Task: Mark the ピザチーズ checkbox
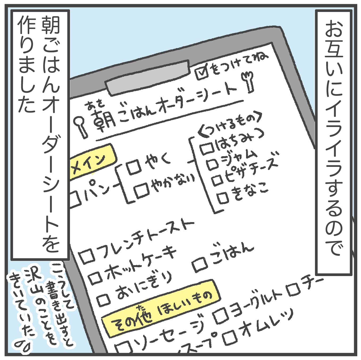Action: click(218, 181)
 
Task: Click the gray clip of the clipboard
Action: click(148, 77)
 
